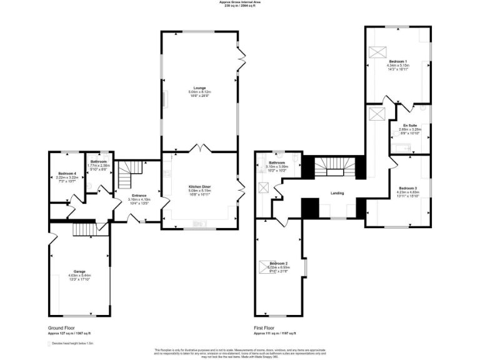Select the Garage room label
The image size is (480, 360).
tap(79, 271)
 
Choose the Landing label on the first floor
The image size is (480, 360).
tap(338, 193)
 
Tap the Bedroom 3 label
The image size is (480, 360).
tap(407, 187)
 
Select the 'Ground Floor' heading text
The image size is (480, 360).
tap(63, 327)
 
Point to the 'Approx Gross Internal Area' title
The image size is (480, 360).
tap(240, 2)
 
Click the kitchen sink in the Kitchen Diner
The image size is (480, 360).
tap(201, 222)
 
